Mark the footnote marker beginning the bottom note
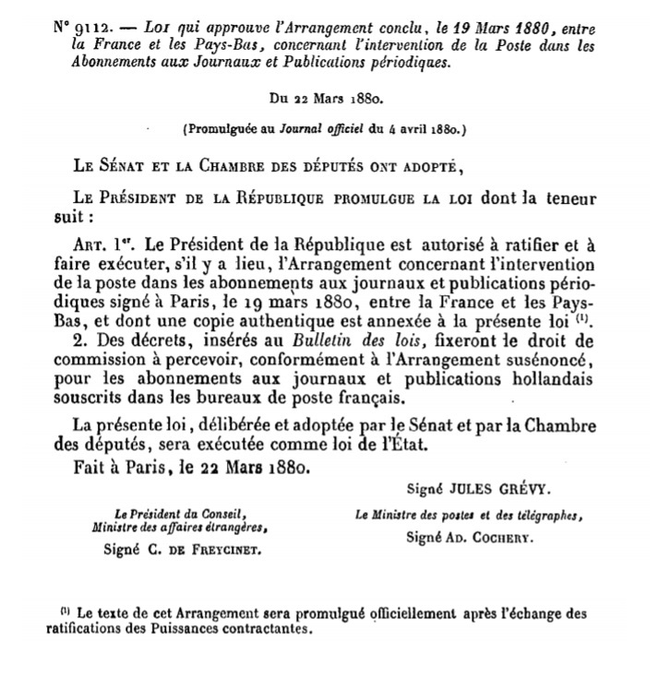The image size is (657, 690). click(x=66, y=612)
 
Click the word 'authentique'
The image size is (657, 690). click(x=317, y=321)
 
